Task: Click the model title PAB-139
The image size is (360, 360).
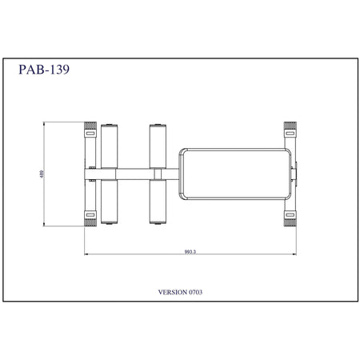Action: tap(44, 70)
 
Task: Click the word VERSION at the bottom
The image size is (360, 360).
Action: tap(173, 292)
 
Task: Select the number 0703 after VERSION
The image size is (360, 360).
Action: tap(195, 292)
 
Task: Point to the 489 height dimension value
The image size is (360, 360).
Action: tap(42, 174)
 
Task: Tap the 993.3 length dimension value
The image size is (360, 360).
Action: tap(190, 251)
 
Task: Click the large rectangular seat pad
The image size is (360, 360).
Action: tap(234, 174)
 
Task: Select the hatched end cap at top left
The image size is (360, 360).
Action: tap(90, 126)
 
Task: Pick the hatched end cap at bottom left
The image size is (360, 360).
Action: tap(90, 222)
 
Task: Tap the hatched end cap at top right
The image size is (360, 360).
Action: tap(290, 126)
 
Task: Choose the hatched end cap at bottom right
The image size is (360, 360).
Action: tap(290, 222)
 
